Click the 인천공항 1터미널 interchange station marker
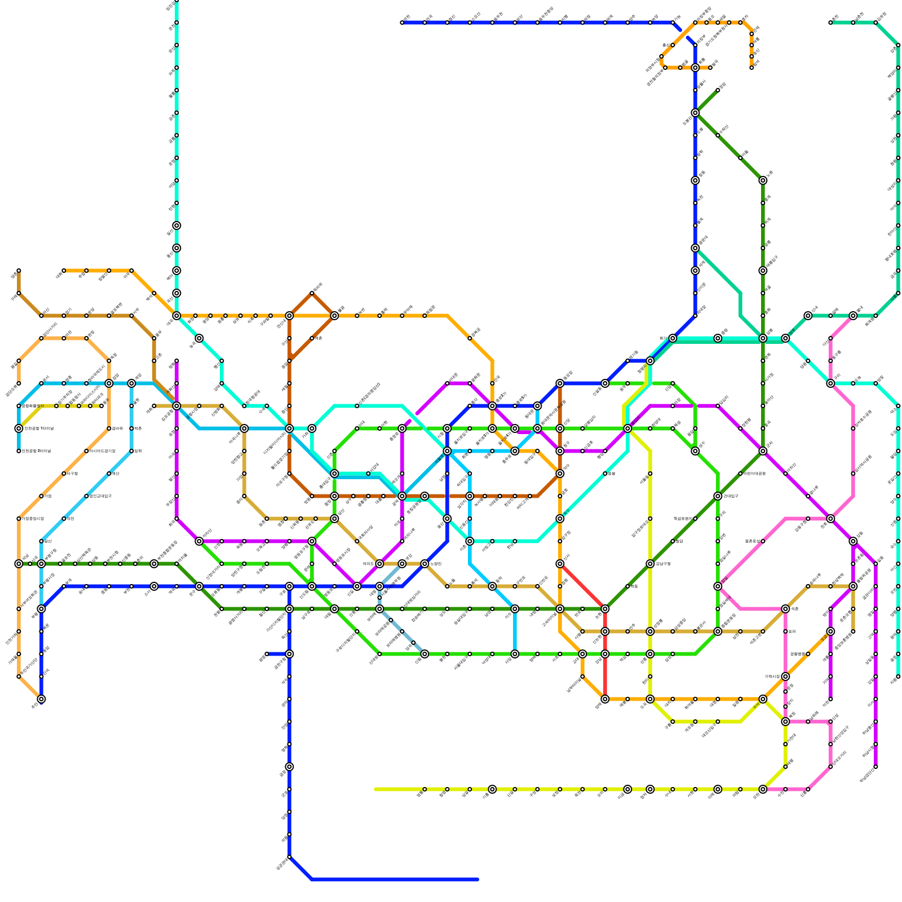(19, 428)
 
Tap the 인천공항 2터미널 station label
(37, 451)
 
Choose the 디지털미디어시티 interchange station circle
(289, 428)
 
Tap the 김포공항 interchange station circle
(176, 406)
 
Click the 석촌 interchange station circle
(785, 609)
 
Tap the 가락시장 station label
(772, 676)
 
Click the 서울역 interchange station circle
(447, 451)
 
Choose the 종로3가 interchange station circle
(492, 406)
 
